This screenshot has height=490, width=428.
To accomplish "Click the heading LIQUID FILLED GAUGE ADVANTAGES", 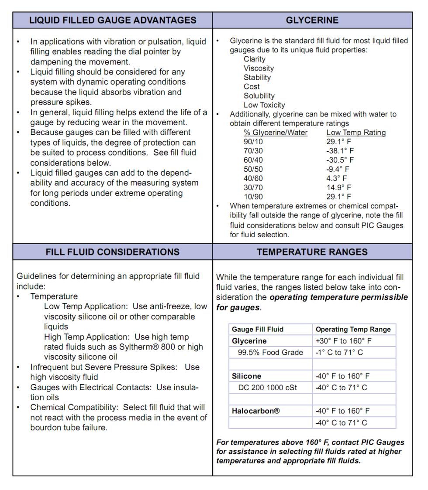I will pyautogui.click(x=113, y=20).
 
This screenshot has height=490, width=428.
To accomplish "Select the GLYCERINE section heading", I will pyautogui.click(x=312, y=20).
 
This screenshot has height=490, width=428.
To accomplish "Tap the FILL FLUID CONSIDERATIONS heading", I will pyautogui.click(x=113, y=252).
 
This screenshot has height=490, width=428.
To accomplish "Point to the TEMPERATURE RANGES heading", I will pyautogui.click(x=312, y=252).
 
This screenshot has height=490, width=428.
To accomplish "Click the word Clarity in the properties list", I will pyautogui.click(x=255, y=59).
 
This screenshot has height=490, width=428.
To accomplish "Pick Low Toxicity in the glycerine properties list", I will pyautogui.click(x=264, y=105).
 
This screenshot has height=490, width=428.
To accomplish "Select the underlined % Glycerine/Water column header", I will pyautogui.click(x=276, y=133).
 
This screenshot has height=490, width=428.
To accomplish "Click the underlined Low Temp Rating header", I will pyautogui.click(x=356, y=133).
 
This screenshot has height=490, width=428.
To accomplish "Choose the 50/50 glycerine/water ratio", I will pyautogui.click(x=253, y=169).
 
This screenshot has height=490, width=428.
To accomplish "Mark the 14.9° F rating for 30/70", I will pyautogui.click(x=338, y=187).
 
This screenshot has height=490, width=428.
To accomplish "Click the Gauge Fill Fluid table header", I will pyautogui.click(x=258, y=330).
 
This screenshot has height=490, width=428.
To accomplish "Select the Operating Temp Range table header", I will pyautogui.click(x=353, y=330).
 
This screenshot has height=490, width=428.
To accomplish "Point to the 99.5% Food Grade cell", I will pyautogui.click(x=270, y=353).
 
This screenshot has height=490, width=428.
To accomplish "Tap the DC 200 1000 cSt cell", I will pyautogui.click(x=268, y=388).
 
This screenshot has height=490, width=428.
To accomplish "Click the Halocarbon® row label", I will pyautogui.click(x=256, y=411).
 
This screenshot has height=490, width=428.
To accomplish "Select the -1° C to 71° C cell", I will pyautogui.click(x=339, y=353).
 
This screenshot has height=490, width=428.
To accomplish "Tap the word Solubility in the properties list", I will pyautogui.click(x=259, y=96).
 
